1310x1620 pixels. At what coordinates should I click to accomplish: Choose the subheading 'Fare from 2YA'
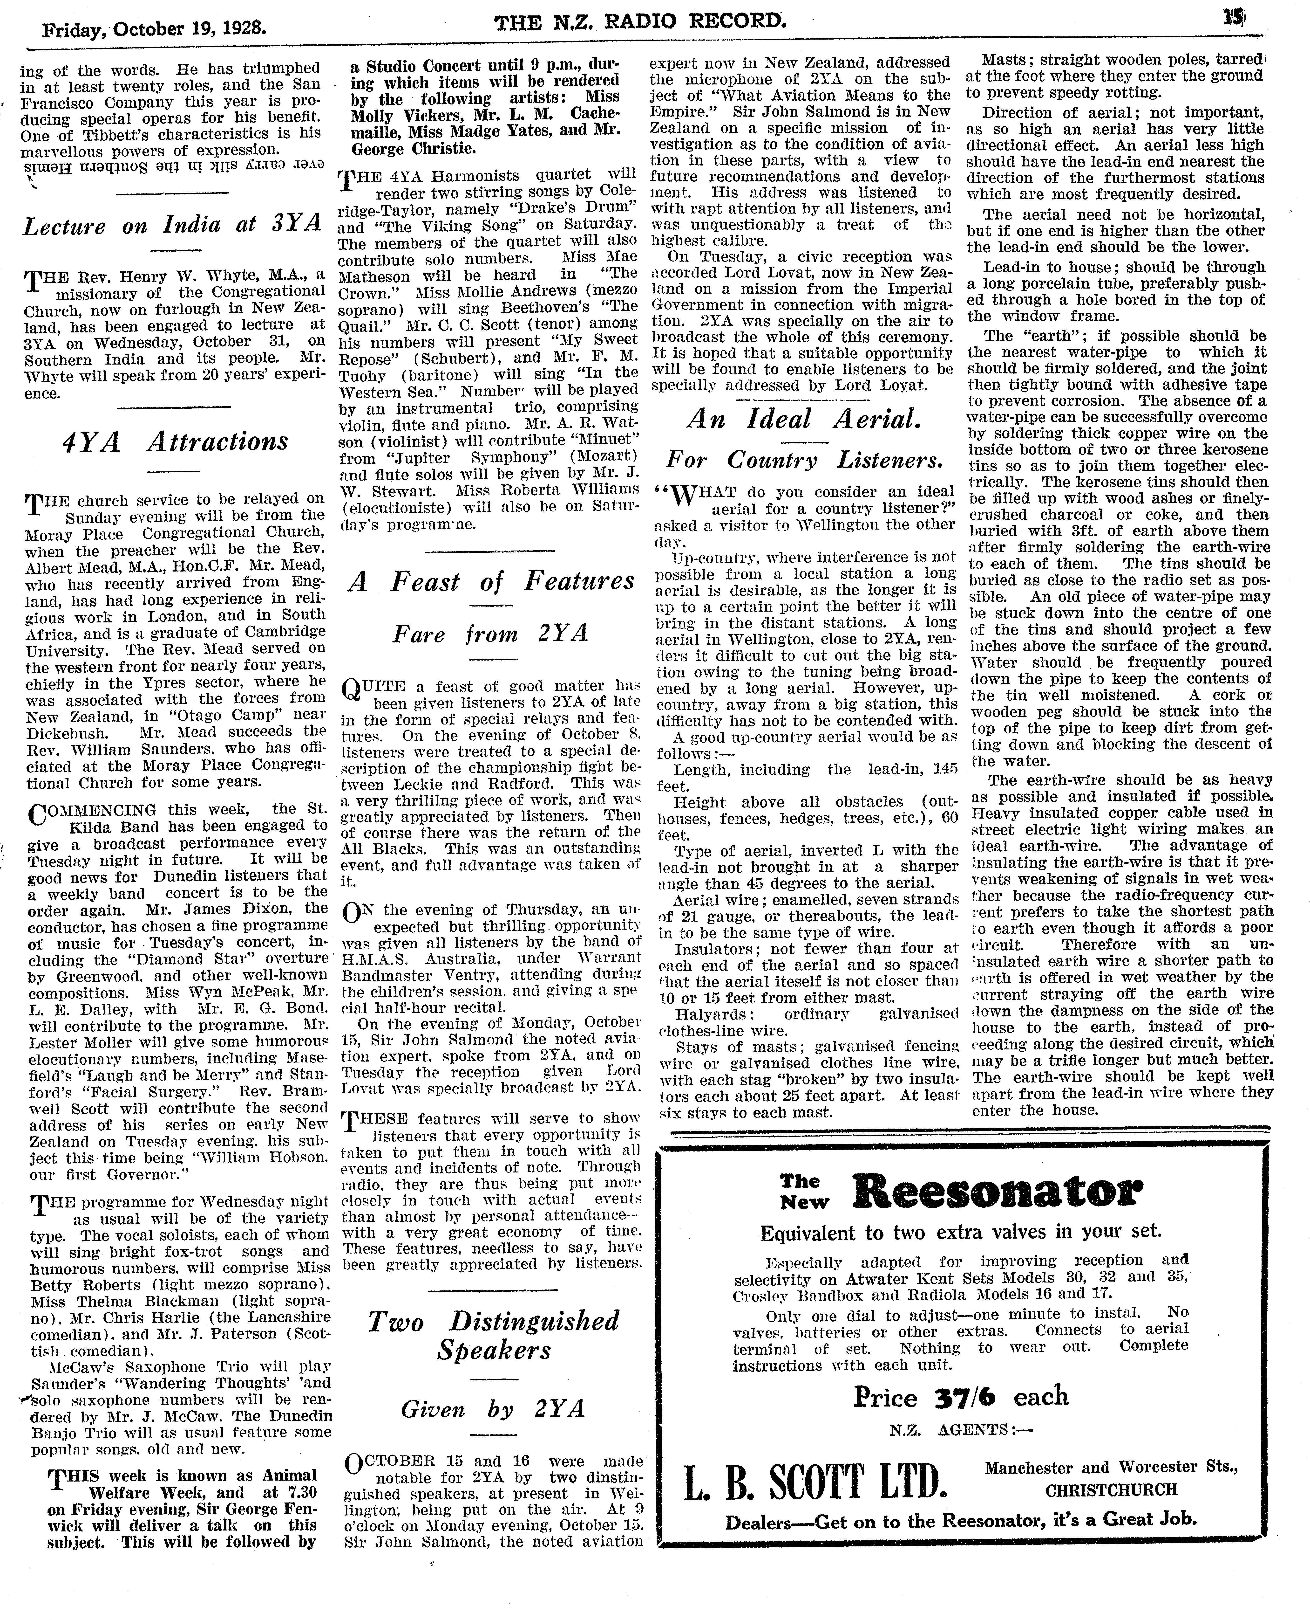pos(490,633)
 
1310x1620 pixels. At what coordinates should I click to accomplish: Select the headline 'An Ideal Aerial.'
pos(804,419)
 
